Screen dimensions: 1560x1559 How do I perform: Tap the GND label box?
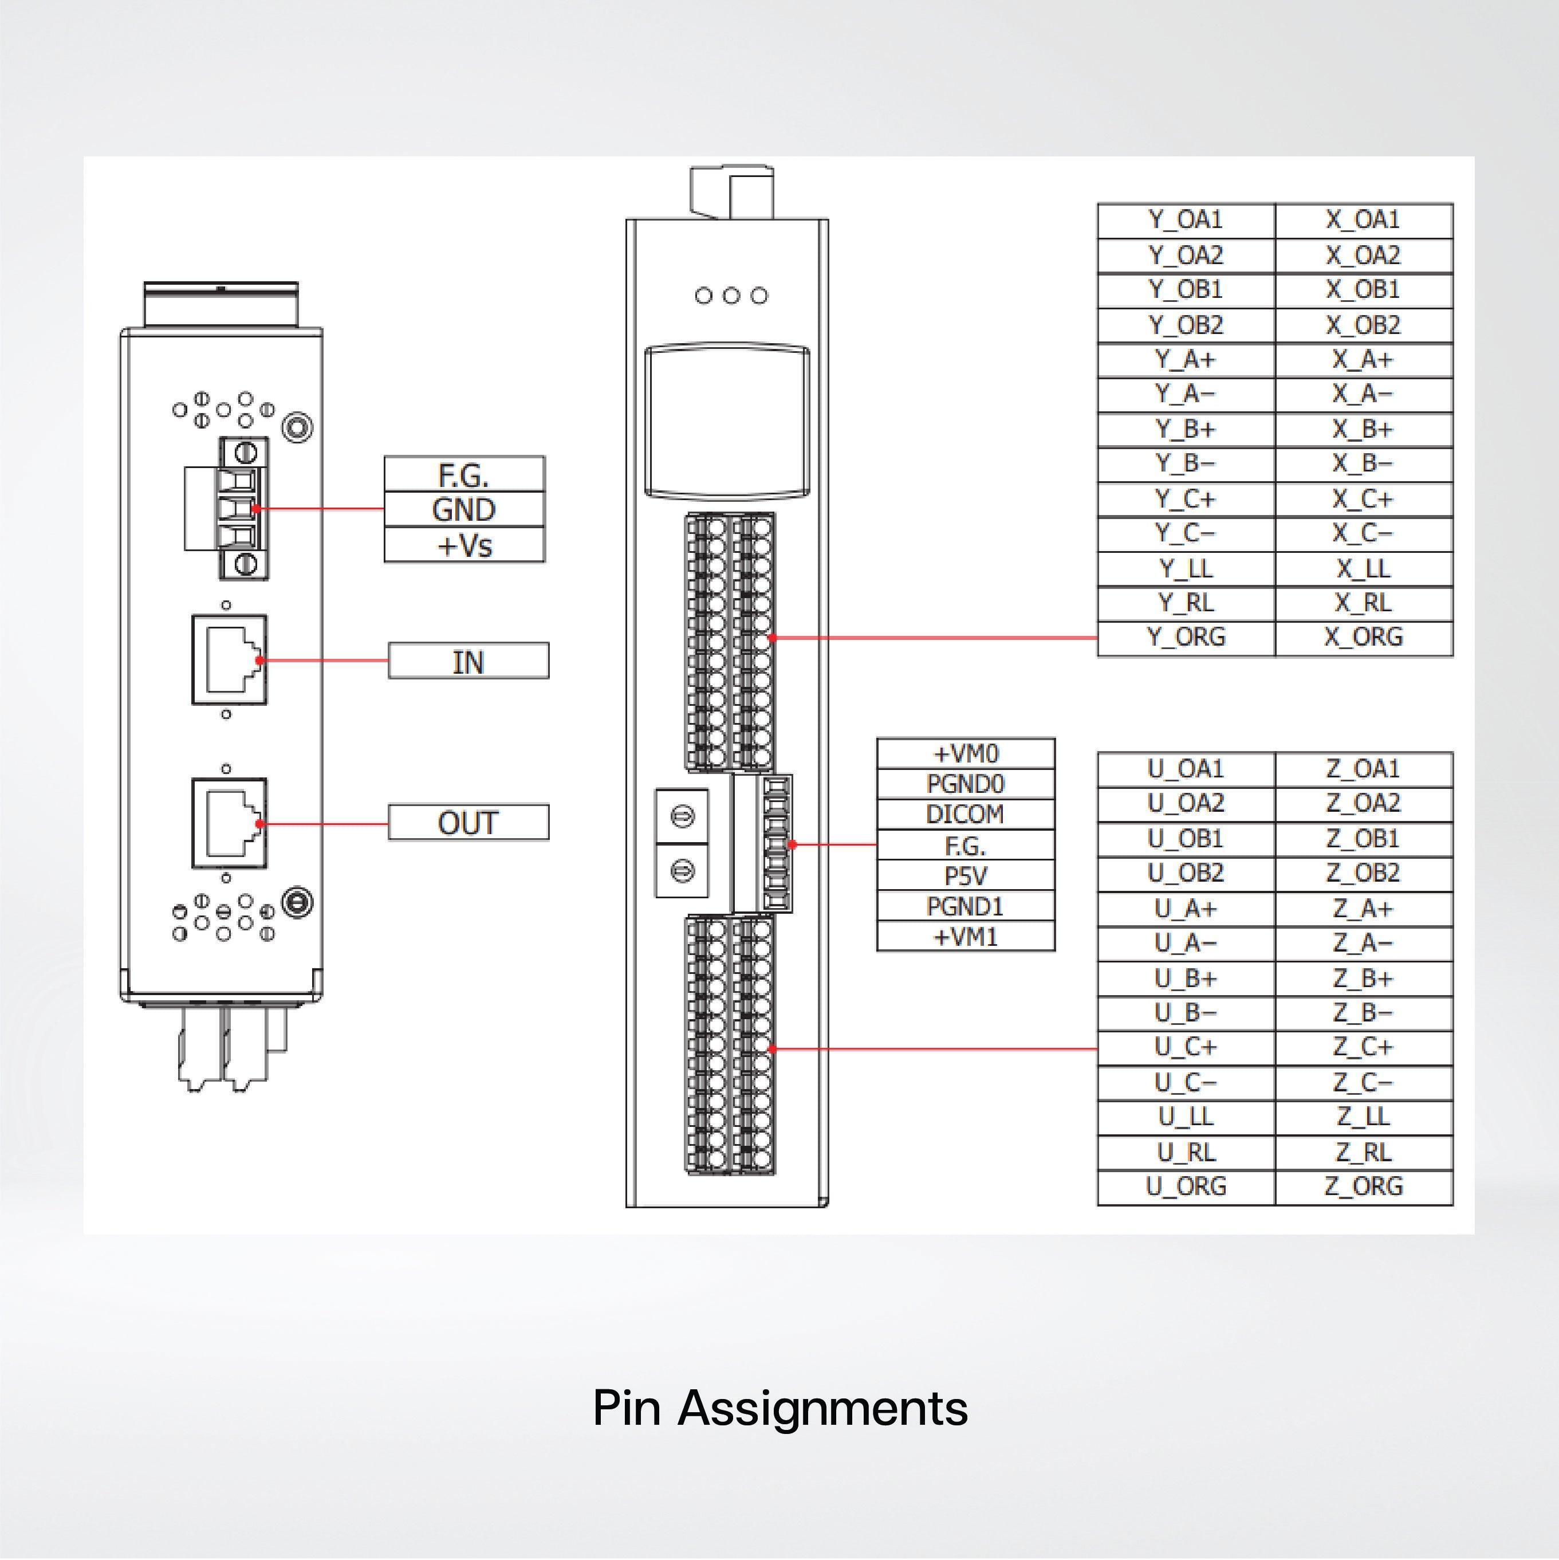[x=464, y=509]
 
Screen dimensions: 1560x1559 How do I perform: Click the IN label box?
[x=469, y=661]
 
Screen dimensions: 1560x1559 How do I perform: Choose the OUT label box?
[x=469, y=823]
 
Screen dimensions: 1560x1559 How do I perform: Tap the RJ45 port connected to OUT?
[x=229, y=823]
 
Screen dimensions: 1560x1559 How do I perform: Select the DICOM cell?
[x=965, y=814]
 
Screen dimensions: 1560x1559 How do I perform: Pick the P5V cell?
[x=965, y=876]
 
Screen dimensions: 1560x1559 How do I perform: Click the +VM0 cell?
[x=965, y=753]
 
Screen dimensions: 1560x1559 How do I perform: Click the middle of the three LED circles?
[x=731, y=296]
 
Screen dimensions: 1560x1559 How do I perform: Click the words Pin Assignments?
[x=780, y=1408]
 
